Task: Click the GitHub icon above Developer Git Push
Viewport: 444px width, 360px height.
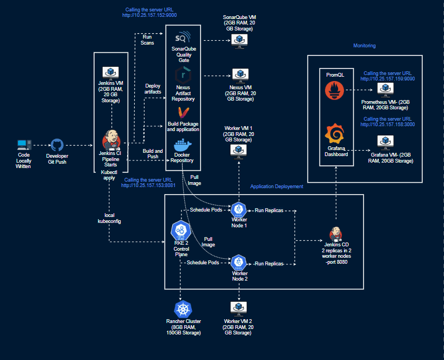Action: [57, 145]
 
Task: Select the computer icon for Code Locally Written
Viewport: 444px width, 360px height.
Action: [23, 145]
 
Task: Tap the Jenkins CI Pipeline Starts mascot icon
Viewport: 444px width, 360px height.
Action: [111, 142]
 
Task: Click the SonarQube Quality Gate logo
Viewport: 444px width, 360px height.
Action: [182, 39]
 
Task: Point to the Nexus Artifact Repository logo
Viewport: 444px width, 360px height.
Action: [182, 75]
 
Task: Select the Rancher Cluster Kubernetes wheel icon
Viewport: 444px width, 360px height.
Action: [183, 309]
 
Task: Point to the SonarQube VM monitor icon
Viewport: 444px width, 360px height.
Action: [237, 39]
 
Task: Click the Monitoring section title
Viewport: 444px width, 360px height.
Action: [364, 46]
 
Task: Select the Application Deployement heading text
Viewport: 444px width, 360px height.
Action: [277, 186]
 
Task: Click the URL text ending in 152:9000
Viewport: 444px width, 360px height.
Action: [150, 15]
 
